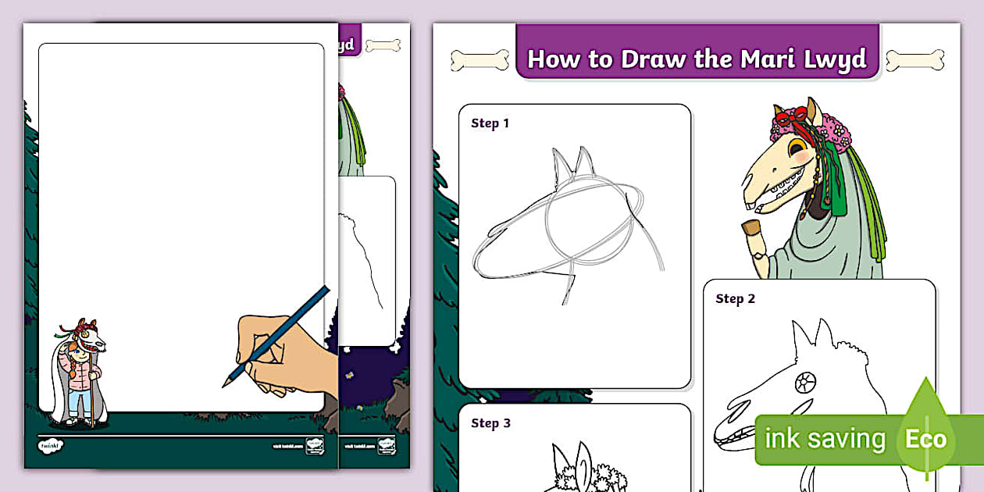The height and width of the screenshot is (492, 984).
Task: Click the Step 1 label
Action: coord(490,123)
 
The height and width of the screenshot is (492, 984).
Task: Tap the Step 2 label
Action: coord(735,299)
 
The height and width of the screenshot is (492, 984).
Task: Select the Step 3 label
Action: coord(490,423)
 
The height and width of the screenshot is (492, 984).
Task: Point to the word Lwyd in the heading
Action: coord(838,59)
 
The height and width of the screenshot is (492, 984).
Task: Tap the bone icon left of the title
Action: coord(480,60)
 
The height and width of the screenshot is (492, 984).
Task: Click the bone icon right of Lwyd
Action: coord(914,60)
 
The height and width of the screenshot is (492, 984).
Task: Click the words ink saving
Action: coord(825,440)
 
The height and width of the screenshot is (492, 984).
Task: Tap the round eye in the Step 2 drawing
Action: coord(804,382)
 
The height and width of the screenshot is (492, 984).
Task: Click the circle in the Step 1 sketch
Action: coord(588,219)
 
